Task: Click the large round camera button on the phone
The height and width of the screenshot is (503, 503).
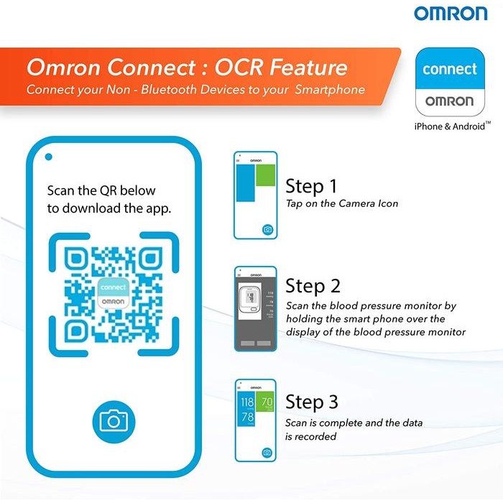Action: [114, 420]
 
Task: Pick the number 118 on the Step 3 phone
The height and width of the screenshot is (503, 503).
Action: [246, 402]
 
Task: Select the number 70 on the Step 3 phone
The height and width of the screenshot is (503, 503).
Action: [266, 402]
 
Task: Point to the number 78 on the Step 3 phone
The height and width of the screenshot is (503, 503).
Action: [246, 418]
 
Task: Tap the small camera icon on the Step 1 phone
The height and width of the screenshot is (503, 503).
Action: [267, 230]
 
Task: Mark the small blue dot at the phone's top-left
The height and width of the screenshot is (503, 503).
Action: [48, 157]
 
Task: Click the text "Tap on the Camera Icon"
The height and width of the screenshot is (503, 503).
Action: [342, 204]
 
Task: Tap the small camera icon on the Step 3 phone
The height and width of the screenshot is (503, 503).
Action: [267, 452]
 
